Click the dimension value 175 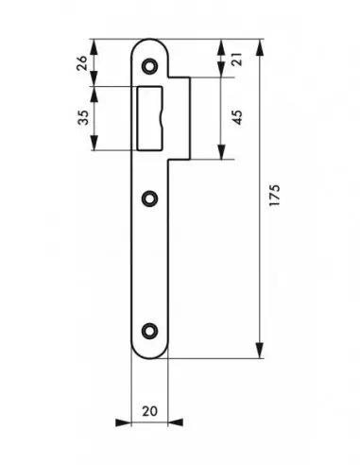pos(274,195)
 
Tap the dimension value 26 pos(82,63)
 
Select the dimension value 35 pos(83,117)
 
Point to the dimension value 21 pos(237,59)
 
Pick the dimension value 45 pos(238,117)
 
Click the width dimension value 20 pos(149,411)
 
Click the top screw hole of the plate pos(149,66)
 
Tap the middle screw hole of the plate pos(149,198)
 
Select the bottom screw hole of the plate pos(149,330)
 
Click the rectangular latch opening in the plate pos(150,118)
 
